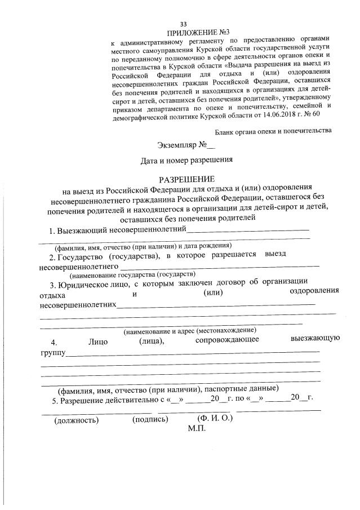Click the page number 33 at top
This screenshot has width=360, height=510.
tap(183, 24)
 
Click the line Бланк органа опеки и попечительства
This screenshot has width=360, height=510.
tap(273, 131)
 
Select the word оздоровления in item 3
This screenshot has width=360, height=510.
tap(314, 291)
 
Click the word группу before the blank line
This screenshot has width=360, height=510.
tap(52, 353)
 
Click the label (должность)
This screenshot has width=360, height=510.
tap(76, 420)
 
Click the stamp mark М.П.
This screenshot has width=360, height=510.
tap(197, 428)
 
